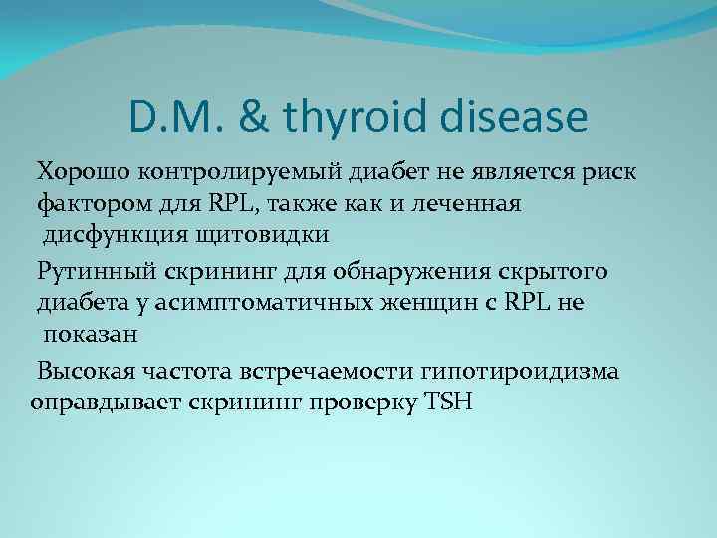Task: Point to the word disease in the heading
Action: (x=517, y=118)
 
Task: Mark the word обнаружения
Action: (x=383, y=271)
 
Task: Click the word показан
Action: (x=89, y=336)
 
